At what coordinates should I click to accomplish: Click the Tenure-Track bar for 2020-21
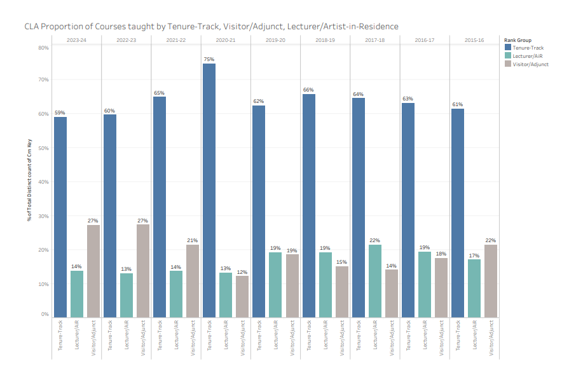pos(209,191)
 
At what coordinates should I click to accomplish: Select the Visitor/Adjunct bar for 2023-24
pos(93,271)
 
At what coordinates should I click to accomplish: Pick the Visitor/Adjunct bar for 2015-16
pos(490,281)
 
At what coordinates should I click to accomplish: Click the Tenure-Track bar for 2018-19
pos(308,206)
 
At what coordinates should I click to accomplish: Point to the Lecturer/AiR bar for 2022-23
pos(127,296)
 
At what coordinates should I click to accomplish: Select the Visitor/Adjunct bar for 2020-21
pos(242,297)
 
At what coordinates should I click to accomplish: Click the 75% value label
pos(209,59)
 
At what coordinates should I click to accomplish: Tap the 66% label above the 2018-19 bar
pos(308,90)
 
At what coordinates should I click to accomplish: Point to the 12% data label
pos(242,271)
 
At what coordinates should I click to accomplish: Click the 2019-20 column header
pos(275,39)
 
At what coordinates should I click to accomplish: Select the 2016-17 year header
pos(424,39)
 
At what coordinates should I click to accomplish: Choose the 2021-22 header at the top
pos(175,39)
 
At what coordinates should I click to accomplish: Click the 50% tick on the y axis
pos(44,148)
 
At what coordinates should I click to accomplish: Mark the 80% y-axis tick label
pos(44,48)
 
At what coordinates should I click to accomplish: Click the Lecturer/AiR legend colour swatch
pos(507,55)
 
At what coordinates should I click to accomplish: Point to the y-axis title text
pos(29,181)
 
